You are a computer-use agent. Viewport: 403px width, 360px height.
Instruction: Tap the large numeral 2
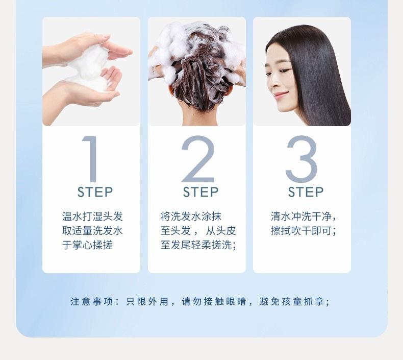[198, 159]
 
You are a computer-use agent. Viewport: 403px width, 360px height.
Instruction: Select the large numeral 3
[301, 159]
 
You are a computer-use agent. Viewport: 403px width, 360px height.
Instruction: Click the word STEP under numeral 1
[95, 193]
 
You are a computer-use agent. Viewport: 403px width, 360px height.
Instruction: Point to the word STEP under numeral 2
[200, 193]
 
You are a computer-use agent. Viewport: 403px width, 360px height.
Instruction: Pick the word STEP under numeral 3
[306, 193]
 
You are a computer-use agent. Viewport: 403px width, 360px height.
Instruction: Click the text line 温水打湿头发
[92, 217]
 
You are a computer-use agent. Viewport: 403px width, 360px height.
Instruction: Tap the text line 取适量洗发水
[92, 231]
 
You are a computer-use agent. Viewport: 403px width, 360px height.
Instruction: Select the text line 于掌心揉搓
[87, 245]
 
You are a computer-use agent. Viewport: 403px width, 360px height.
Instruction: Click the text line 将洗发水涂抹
[191, 217]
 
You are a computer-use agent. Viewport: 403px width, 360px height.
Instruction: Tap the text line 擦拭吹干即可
[303, 231]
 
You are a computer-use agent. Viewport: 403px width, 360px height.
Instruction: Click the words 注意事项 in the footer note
[91, 302]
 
